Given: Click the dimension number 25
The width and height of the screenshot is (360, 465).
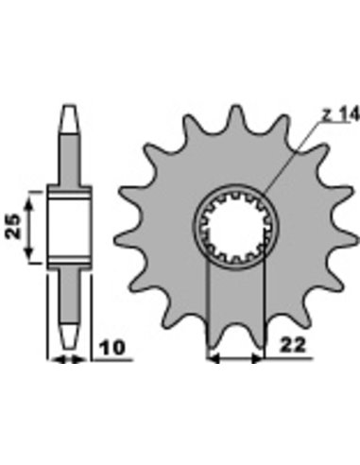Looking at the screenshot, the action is coord(13,226).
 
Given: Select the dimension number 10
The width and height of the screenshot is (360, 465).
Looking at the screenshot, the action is coord(112,348).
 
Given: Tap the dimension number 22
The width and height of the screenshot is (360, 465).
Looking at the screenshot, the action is coord(293,346).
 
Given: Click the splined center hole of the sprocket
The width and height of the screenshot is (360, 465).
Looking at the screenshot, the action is coord(235,228).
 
